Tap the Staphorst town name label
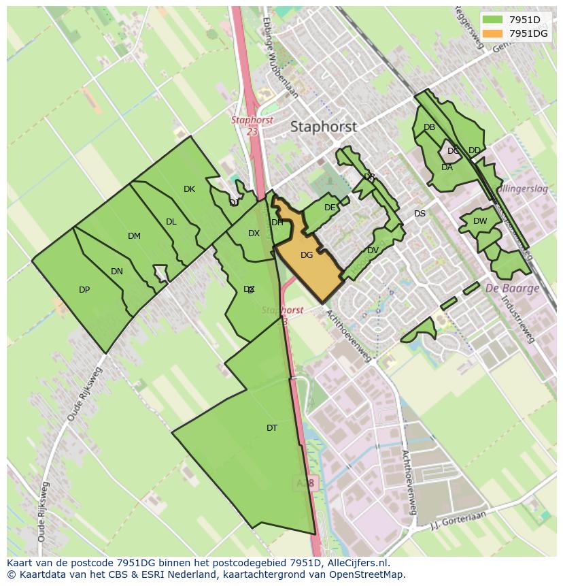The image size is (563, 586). point(323,127)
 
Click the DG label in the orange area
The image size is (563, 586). point(307,255)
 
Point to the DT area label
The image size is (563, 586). point(272,428)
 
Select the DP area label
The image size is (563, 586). point(84,290)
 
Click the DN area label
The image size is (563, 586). point(117,272)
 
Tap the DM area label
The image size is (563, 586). point(134,236)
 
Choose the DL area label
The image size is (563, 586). point(171,222)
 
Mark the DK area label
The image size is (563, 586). point(189,189)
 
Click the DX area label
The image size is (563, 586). point(254,233)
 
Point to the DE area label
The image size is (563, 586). point(330,208)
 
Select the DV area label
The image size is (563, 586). point(373,250)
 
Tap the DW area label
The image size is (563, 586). point(480,221)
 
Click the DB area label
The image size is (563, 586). point(429,127)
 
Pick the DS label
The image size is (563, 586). point(420,214)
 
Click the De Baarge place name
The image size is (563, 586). point(512,288)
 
